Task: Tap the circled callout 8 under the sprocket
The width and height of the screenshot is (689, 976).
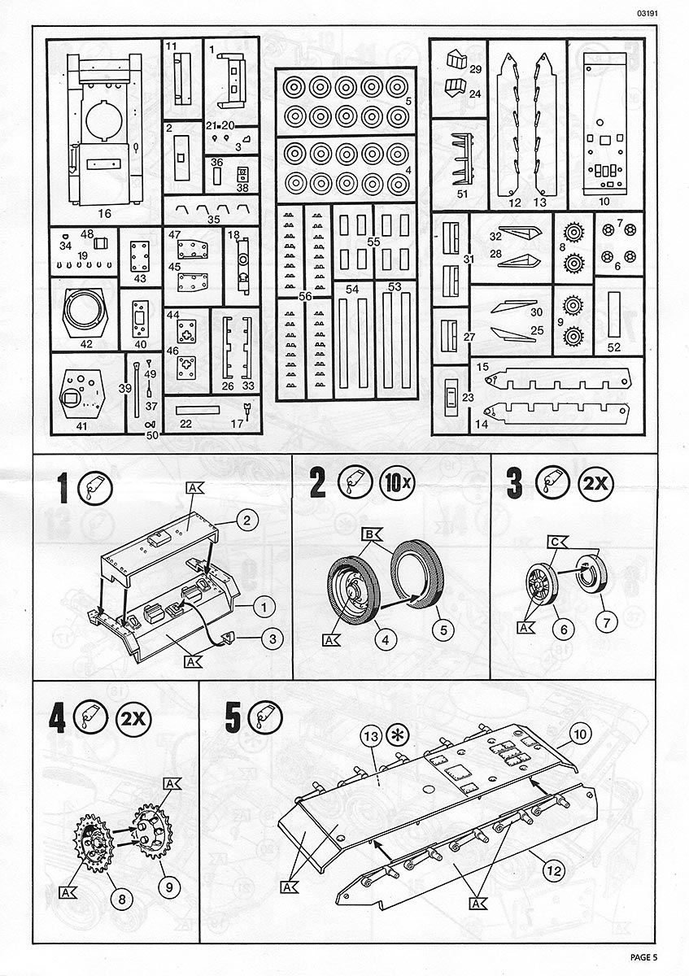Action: (121, 899)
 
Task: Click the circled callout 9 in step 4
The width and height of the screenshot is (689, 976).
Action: (169, 888)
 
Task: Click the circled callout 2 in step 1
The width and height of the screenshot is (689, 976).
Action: (246, 517)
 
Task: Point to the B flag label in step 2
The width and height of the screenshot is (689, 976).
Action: (369, 534)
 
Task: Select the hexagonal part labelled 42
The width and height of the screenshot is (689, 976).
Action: (85, 312)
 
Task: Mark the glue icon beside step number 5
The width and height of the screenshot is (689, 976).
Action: (264, 718)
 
